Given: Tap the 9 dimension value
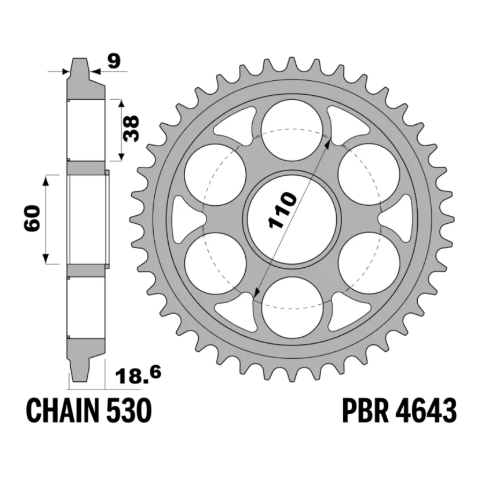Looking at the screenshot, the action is (114, 62).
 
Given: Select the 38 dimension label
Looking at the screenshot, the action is (131, 129).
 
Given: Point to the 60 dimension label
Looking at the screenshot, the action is (32, 219).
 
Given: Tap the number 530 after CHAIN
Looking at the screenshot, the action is (129, 411).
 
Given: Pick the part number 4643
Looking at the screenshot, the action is (425, 411).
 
